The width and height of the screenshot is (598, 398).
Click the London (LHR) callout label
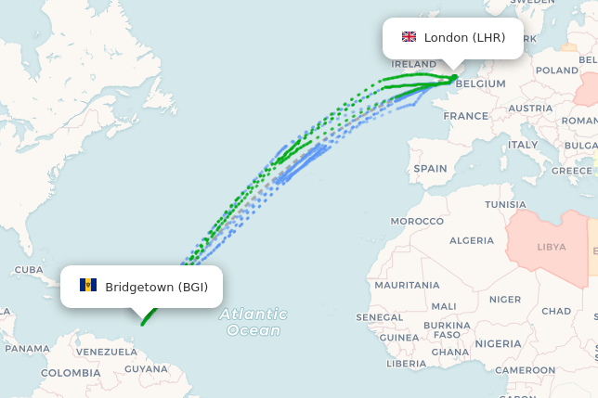coord(453,38)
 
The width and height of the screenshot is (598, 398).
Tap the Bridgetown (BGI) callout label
coord(142,286)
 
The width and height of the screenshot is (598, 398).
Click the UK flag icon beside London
coord(409,37)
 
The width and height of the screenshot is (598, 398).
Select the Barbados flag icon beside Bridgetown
coord(88,285)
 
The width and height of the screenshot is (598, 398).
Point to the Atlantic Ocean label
coord(253,322)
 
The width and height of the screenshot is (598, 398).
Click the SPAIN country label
coord(430,169)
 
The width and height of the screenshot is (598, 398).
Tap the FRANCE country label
coord(465,116)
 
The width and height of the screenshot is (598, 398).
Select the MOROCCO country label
coord(417,222)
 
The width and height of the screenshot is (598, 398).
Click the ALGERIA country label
coord(472,240)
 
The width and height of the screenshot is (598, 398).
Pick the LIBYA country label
coord(552,248)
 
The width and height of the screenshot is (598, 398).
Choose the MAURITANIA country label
coord(407,285)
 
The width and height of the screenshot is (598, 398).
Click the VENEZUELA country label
coord(106,353)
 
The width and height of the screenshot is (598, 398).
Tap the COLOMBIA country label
coord(70,372)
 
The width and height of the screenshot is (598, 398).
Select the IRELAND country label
coord(414,64)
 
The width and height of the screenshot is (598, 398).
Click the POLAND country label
coord(557,71)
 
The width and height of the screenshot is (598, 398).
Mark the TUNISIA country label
coord(505,204)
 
